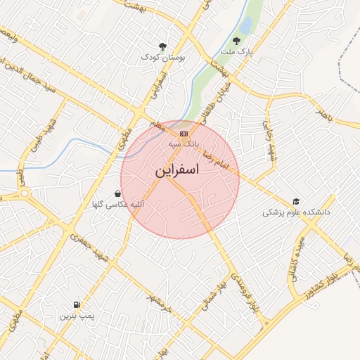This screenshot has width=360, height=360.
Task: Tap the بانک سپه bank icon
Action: pos(184,132)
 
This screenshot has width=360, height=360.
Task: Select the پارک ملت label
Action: pos(236,52)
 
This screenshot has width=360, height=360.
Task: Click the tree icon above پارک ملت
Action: pos(237,41)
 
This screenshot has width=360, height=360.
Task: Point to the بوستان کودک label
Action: pos(162,57)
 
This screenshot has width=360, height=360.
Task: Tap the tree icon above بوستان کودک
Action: pos(163,46)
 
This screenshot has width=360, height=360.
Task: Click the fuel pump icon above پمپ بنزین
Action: pos(76,305)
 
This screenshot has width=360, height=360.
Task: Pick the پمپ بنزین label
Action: pos(75,316)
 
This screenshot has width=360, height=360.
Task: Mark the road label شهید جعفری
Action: pos(94,248)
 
